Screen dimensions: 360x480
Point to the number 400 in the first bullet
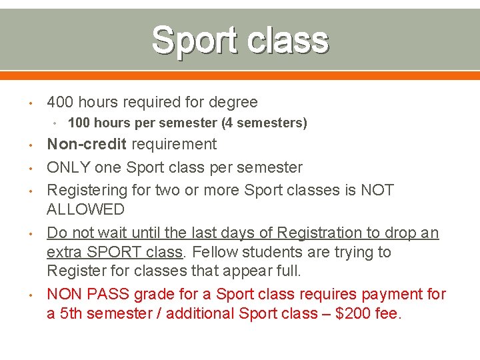coord(60,102)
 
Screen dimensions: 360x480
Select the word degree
coord(233,102)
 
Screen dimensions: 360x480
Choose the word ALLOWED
coord(85,210)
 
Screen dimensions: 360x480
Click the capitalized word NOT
coord(377,190)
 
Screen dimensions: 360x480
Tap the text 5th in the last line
coord(71,313)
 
